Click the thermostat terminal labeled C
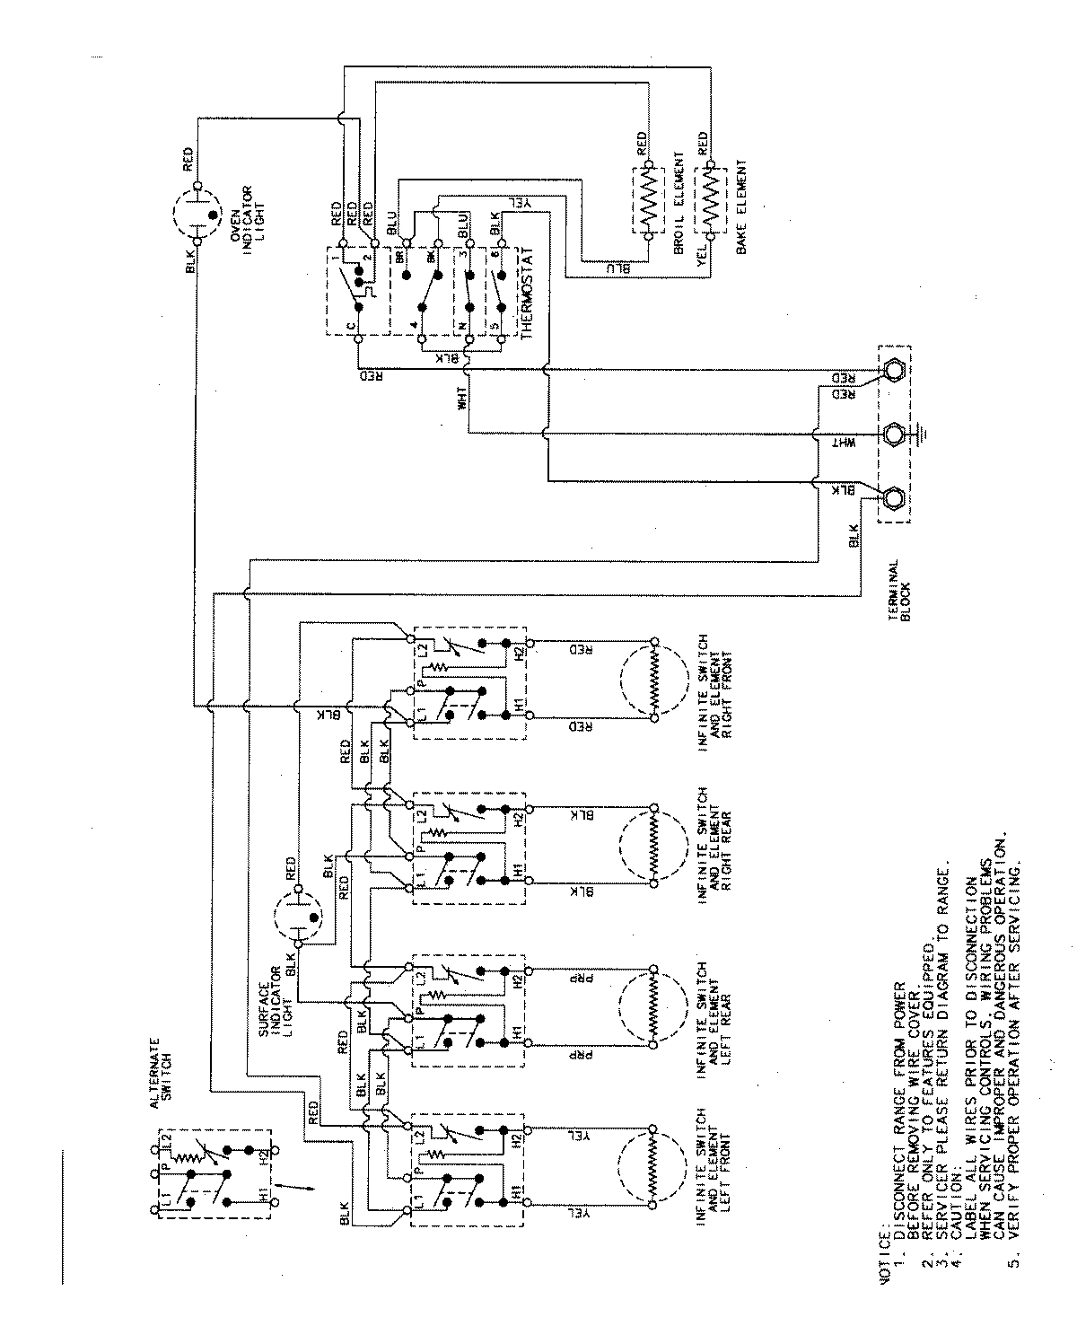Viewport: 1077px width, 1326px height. [358, 339]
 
